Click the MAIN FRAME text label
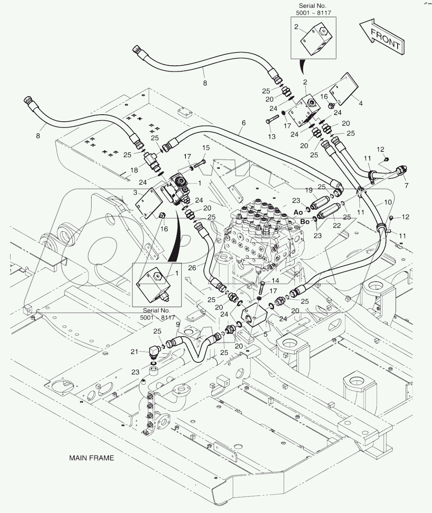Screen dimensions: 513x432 click(92, 457)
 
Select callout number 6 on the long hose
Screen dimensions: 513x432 click(243, 123)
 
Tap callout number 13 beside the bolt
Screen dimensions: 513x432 click(272, 137)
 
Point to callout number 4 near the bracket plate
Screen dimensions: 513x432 click(361, 104)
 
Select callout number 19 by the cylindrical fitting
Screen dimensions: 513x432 click(309, 190)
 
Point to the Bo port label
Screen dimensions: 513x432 click(305, 221)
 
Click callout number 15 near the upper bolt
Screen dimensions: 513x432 click(206, 148)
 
